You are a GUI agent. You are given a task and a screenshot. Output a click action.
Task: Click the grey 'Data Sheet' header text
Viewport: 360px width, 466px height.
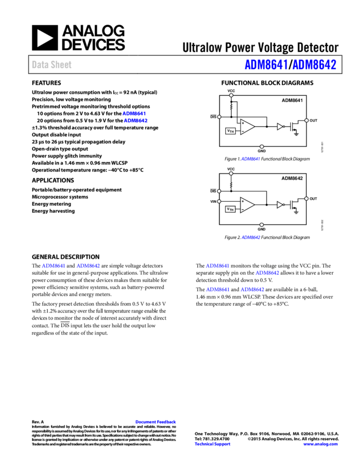[x=52, y=65]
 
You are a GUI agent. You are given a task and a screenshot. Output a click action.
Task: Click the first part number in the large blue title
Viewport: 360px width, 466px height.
[x=266, y=65]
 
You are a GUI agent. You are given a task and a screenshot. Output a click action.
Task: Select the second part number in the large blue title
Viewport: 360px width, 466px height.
[x=314, y=65]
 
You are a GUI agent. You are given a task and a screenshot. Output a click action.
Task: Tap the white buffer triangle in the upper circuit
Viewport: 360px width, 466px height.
[x=279, y=127]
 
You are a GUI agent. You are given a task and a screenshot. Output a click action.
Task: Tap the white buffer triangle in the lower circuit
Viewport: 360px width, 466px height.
[x=279, y=205]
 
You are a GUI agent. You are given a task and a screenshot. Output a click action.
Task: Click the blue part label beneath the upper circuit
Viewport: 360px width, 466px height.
[x=250, y=159]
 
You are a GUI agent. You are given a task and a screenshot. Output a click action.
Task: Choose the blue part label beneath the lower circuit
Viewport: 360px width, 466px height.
[x=250, y=237]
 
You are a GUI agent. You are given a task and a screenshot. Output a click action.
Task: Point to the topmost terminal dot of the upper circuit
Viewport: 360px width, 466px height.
[x=231, y=95]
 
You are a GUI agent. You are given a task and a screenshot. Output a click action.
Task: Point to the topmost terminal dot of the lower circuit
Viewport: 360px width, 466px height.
[x=231, y=173]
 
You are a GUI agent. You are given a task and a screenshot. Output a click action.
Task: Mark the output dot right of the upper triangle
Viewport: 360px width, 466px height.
[x=306, y=121]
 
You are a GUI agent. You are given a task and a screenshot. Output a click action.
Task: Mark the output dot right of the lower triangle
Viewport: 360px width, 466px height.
[x=306, y=198]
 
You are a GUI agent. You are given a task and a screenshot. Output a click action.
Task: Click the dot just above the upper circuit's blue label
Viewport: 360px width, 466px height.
[x=262, y=146]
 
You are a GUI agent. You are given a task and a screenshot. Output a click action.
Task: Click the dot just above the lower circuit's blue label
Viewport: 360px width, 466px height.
[x=261, y=225]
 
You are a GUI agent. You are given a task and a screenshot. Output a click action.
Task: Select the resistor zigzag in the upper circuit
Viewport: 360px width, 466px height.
[x=231, y=107]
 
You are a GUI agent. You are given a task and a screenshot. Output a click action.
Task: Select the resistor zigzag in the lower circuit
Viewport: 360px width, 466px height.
[x=231, y=185]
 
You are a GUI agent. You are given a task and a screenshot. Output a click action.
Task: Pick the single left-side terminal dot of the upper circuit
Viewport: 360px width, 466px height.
[x=219, y=117]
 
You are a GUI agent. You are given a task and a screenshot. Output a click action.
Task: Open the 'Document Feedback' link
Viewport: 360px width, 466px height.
[x=156, y=422]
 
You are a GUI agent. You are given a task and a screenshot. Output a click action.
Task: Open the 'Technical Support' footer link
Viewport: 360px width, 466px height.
[x=213, y=444]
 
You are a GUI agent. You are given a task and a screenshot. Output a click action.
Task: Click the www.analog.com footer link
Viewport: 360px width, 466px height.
[x=321, y=444]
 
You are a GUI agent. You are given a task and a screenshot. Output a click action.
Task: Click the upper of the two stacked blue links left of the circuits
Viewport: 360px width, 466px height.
[x=134, y=113]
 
